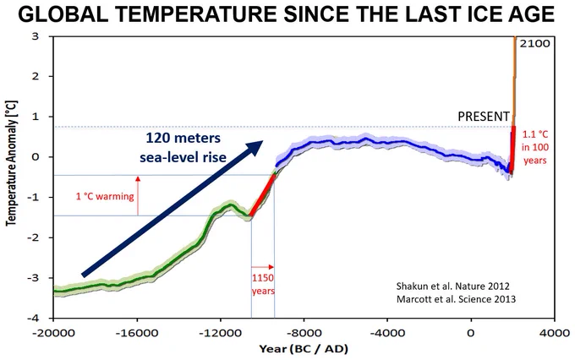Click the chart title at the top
pos(286,14)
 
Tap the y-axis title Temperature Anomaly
pos(11,163)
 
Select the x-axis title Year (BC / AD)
pos(304,349)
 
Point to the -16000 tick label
pos(137,333)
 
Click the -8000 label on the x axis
pos(304,333)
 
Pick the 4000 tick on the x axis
pos(554,333)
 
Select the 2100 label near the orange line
pos(534,44)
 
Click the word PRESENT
pos(484,117)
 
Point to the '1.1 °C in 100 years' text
pos(535,147)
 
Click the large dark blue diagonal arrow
pos(172,208)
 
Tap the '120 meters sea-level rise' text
pos(183,147)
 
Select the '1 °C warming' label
pos(105,197)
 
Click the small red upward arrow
pos(138,195)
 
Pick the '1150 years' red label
pos(263,285)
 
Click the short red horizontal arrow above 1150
pos(263,267)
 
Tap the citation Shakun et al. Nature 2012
pos(453,286)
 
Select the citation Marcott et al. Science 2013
pos(456,299)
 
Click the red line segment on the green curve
pos(262,195)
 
